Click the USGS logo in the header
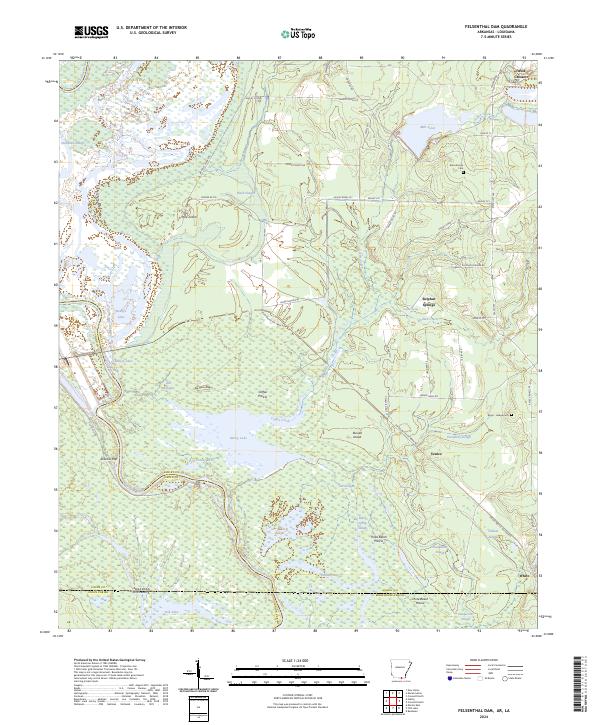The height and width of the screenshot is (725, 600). [x=91, y=32]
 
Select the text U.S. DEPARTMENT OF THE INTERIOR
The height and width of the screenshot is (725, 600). [x=151, y=28]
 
